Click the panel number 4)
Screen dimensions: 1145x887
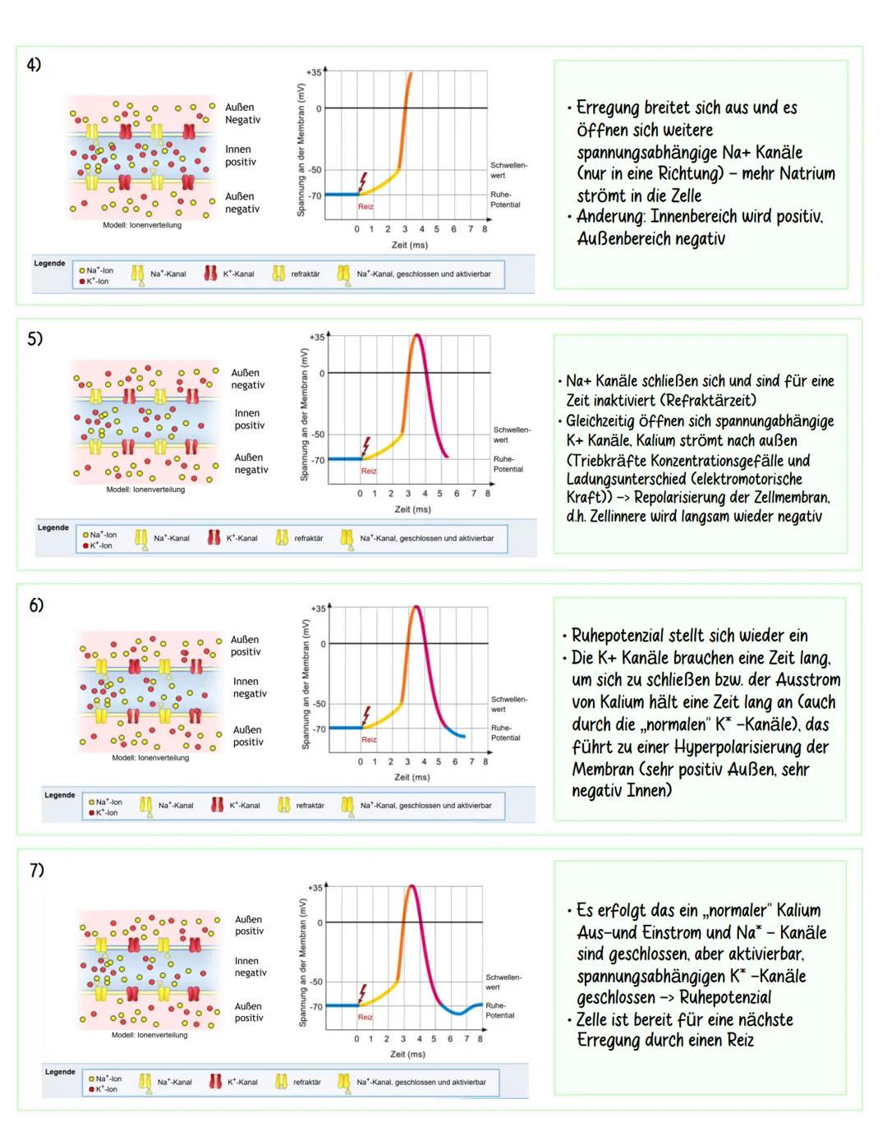pyautogui.click(x=34, y=65)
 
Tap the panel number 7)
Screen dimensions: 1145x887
pyautogui.click(x=37, y=870)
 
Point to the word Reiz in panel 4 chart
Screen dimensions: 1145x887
pyautogui.click(x=365, y=207)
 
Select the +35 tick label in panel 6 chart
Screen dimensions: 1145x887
pyautogui.click(x=318, y=609)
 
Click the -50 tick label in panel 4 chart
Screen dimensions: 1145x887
pyautogui.click(x=315, y=170)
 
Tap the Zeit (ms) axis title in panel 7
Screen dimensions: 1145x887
pyautogui.click(x=407, y=1054)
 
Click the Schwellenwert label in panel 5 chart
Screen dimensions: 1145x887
pyautogui.click(x=511, y=435)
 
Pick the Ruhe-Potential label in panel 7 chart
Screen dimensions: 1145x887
pyautogui.click(x=499, y=1010)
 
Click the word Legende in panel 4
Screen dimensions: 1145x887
pyautogui.click(x=49, y=264)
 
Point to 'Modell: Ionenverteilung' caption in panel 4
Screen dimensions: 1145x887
pyautogui.click(x=142, y=225)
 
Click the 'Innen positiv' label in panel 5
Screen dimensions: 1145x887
pyautogui.click(x=249, y=419)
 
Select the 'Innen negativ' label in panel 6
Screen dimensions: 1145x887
pyautogui.click(x=249, y=687)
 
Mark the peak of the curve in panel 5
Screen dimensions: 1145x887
pyautogui.click(x=417, y=335)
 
